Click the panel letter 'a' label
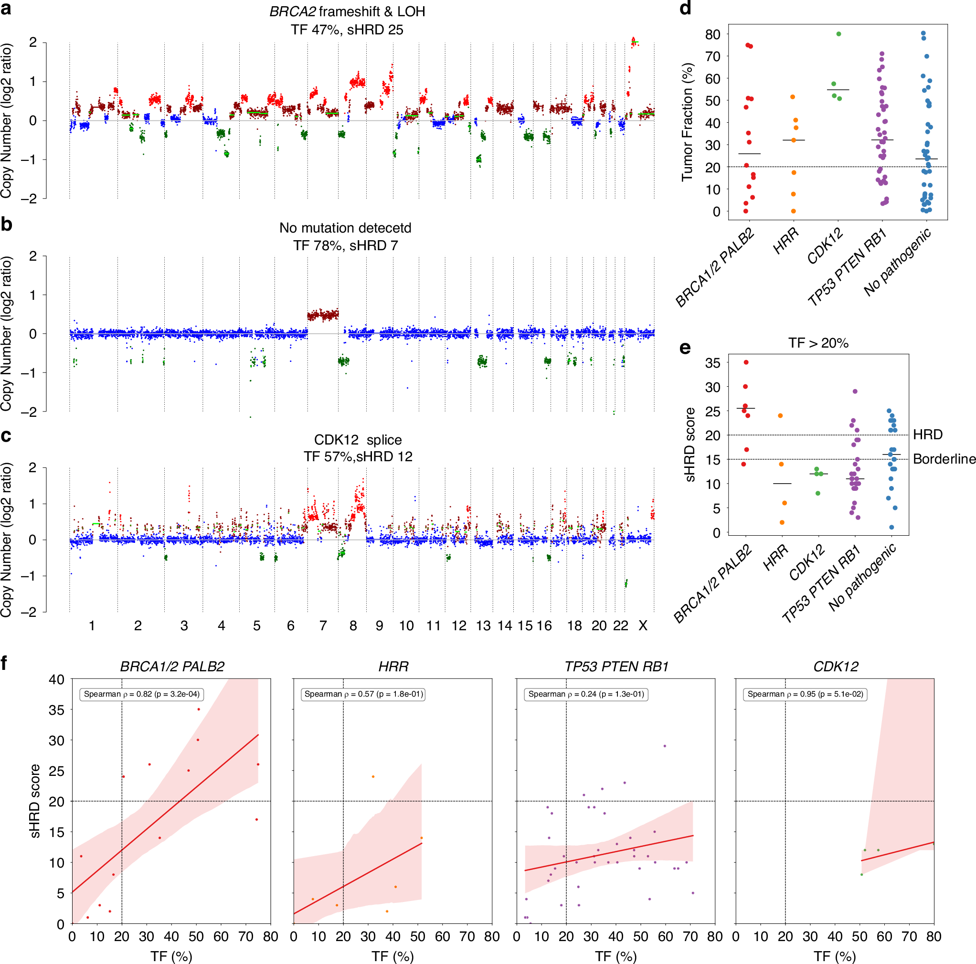pos(6,9)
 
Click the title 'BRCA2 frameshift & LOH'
pos(347,11)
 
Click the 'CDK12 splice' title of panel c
pos(358,440)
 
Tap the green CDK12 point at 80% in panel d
pos(838,34)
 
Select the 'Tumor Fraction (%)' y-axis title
pos(687,122)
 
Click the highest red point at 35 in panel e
pos(746,362)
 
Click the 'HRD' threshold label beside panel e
pos(927,434)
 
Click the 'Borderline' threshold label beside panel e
pos(944,459)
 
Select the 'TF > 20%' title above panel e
pos(818,343)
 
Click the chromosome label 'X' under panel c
pos(643,625)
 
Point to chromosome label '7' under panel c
pos(323,625)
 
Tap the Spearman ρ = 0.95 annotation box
pos(805,694)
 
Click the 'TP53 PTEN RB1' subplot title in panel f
pos(616,667)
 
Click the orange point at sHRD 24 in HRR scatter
pos(373,776)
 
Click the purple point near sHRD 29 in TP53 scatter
pos(665,746)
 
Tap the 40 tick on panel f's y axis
pos(56,679)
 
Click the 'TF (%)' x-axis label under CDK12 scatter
pos(835,956)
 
